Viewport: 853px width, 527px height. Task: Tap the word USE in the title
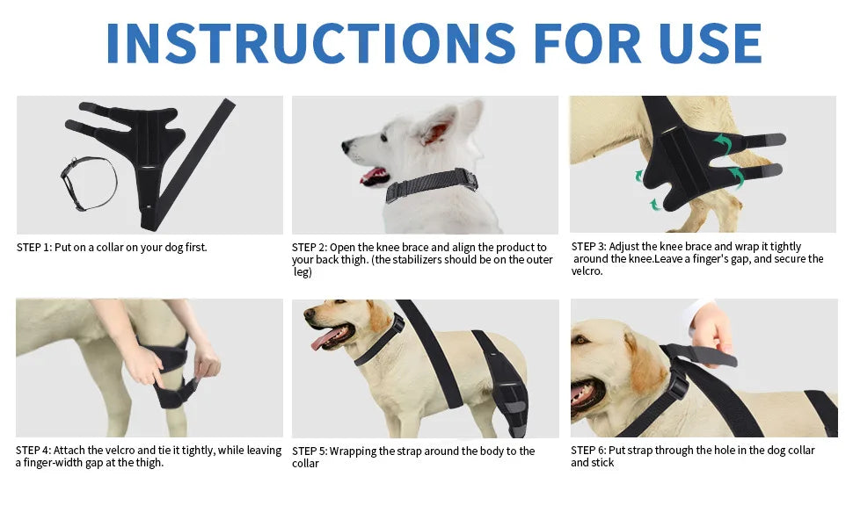(x=710, y=43)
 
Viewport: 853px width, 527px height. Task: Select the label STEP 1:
(x=34, y=247)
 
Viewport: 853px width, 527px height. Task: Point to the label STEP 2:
(x=310, y=247)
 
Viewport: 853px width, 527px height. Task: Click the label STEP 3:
(x=588, y=246)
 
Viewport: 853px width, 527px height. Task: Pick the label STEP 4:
(x=33, y=451)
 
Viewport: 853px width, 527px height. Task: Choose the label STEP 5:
(x=310, y=451)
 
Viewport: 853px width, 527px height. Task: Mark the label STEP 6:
(x=588, y=450)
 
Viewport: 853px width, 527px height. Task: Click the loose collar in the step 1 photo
(x=89, y=183)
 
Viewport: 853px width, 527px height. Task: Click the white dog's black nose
(x=346, y=146)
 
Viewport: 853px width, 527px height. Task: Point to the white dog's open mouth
(x=374, y=177)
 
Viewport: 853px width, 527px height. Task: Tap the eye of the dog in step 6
(x=581, y=340)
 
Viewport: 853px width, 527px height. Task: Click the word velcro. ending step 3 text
(x=587, y=271)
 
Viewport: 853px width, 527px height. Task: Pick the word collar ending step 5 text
(x=305, y=464)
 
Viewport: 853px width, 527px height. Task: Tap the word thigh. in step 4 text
(x=148, y=463)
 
